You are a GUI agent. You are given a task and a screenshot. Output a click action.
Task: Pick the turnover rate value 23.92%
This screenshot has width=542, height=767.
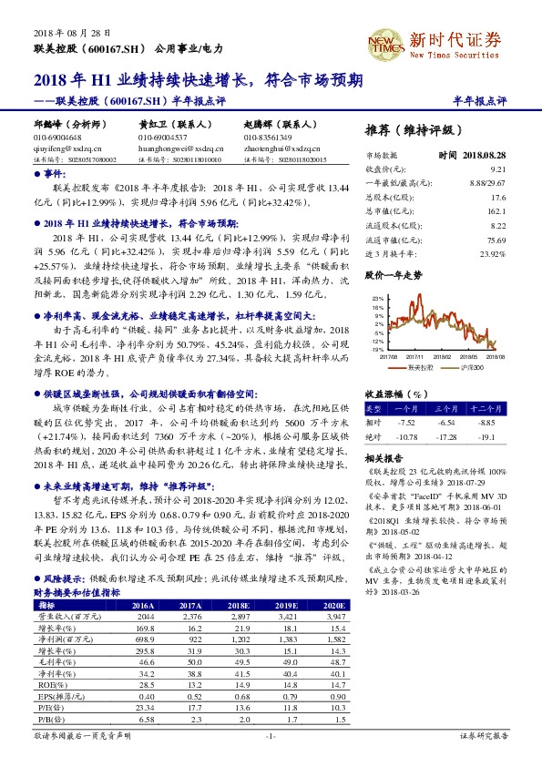pyautogui.click(x=492, y=253)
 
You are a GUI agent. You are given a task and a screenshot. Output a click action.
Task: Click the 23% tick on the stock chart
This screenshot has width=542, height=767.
pyautogui.click(x=377, y=298)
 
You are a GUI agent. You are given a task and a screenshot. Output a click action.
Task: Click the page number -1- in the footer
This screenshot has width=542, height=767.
pyautogui.click(x=271, y=735)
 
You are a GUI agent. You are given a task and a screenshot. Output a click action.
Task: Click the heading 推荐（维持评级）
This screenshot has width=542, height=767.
pyautogui.click(x=412, y=129)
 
